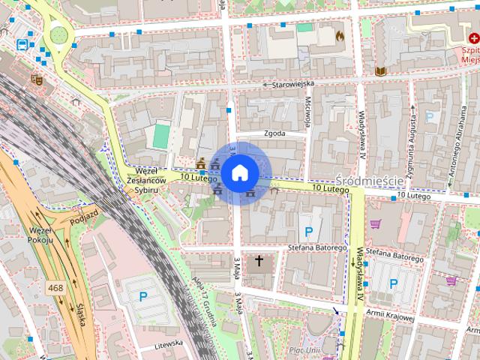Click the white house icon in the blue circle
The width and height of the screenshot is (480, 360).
tap(239, 173)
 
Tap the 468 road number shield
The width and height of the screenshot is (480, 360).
tap(55, 287)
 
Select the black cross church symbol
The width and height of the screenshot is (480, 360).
tap(259, 261)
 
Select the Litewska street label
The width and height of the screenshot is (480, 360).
tap(169, 343)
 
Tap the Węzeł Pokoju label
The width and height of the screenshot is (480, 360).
tap(40, 234)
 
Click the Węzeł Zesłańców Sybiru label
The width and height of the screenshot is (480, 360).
tap(143, 180)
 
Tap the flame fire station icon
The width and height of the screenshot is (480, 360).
tap(339, 34)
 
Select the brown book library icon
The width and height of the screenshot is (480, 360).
tap(380, 70)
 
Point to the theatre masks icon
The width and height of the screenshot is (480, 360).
tap(35, 78)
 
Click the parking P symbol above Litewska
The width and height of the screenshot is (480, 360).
tap(142, 295)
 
